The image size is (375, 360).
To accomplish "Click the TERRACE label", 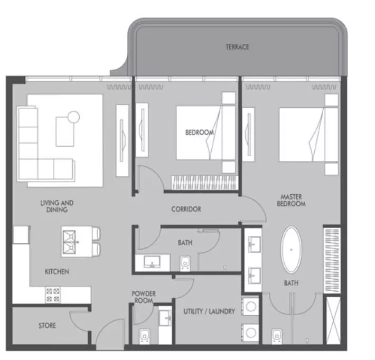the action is (x=237, y=47).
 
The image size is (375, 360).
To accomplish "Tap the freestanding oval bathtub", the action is (x=291, y=250).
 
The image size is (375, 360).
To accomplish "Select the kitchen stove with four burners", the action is (x=53, y=295).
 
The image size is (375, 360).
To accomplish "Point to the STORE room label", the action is (x=47, y=326).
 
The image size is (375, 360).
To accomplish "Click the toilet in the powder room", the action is (x=145, y=337).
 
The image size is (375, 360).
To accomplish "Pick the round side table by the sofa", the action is (x=73, y=117).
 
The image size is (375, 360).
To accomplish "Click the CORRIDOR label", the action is (x=186, y=209).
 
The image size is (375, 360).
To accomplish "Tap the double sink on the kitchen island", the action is (x=69, y=242).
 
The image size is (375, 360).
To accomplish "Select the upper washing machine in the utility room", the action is (x=250, y=307).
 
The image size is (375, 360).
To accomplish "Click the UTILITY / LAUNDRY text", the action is (x=209, y=311).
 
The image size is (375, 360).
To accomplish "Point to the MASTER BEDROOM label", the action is (x=292, y=200).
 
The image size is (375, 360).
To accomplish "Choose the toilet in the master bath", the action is (x=277, y=337).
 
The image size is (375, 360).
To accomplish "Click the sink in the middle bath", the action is (x=152, y=262).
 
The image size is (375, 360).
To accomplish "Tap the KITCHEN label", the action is (x=57, y=271).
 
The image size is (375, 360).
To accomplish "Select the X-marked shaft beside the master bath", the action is (x=333, y=320).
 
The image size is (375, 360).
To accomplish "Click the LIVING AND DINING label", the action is (x=57, y=206).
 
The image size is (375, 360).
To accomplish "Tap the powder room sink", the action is (x=165, y=318).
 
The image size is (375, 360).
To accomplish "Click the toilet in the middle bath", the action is (x=185, y=264).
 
